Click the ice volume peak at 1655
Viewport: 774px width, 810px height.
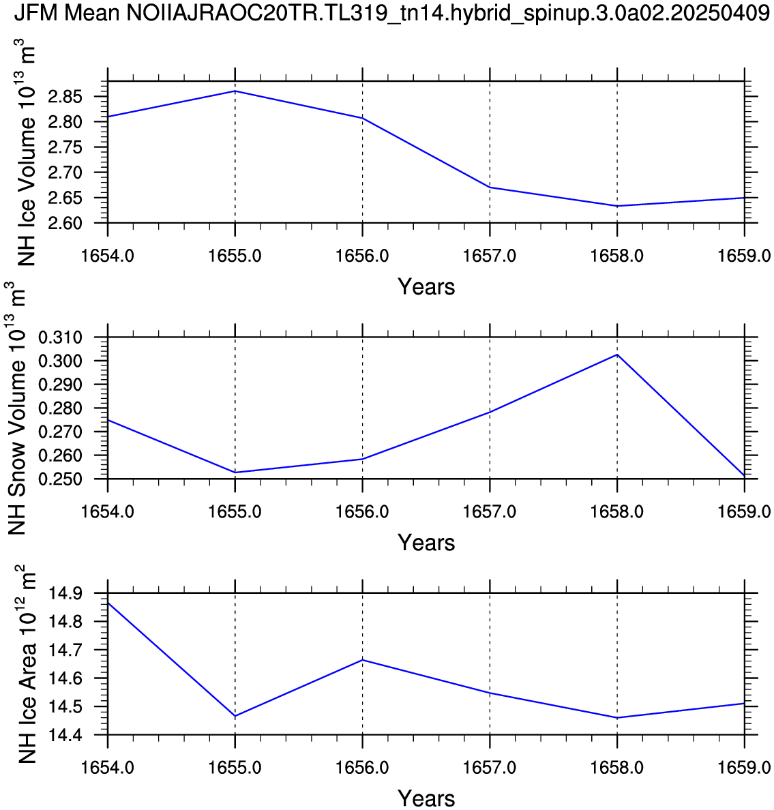click(x=235, y=91)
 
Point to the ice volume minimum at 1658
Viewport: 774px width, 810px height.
click(x=617, y=206)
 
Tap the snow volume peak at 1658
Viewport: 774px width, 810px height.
click(x=617, y=355)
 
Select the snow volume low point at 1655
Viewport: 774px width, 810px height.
click(x=235, y=472)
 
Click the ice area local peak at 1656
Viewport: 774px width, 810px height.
click(x=362, y=659)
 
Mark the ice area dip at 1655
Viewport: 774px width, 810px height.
click(x=235, y=716)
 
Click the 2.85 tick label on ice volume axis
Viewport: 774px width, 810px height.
click(x=65, y=97)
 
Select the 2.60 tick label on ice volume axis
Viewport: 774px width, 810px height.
click(x=65, y=223)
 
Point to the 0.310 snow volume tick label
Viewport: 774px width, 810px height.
click(x=60, y=337)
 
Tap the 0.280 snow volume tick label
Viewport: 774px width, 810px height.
click(x=60, y=408)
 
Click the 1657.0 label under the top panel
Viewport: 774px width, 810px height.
click(x=490, y=256)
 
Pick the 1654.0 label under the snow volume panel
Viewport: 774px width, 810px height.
click(x=108, y=511)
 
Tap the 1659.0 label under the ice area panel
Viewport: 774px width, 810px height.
click(x=744, y=768)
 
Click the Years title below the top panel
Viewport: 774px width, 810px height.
click(x=426, y=287)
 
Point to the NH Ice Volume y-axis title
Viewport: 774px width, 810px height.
click(x=25, y=152)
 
